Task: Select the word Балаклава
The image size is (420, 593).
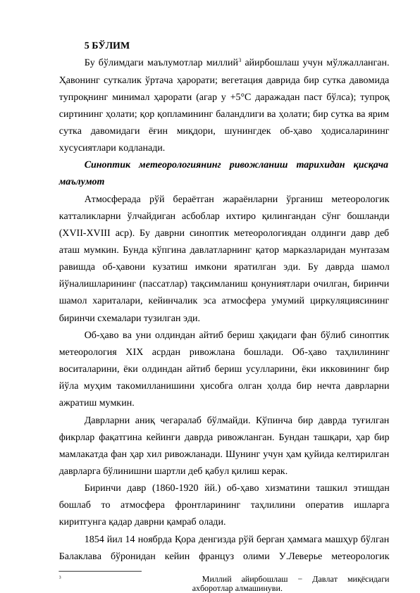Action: pyautogui.click(x=85, y=555)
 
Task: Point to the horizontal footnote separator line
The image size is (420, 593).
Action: pyautogui.click(x=100, y=570)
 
